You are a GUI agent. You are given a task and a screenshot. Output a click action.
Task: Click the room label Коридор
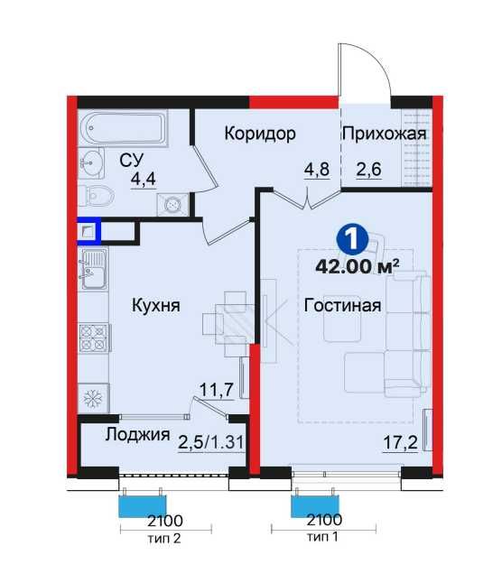point(260,134)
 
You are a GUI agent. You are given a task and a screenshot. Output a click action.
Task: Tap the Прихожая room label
point(384,134)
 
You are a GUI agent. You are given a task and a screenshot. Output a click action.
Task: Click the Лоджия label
point(137,434)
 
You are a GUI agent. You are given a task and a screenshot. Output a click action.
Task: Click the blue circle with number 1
point(352,240)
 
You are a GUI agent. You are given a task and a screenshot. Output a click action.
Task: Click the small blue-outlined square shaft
point(88,232)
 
